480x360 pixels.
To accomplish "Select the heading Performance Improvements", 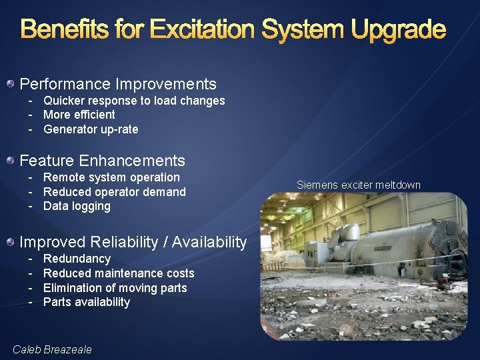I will click(x=118, y=84).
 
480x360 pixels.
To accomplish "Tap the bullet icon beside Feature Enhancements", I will click(x=11, y=161).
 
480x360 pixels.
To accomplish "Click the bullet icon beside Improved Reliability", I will click(x=11, y=242).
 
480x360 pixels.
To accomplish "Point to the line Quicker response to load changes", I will click(x=134, y=101).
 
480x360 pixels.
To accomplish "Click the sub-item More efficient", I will click(x=79, y=115).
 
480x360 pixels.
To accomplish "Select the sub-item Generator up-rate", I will click(x=91, y=129).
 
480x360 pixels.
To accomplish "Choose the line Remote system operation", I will click(x=111, y=177).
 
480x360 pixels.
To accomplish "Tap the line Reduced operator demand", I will click(x=115, y=192).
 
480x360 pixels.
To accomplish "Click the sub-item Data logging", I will click(x=77, y=206).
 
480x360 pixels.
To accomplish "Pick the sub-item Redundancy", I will click(x=77, y=259).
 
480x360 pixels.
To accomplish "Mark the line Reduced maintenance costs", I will click(x=119, y=273).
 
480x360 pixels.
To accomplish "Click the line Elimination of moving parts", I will click(x=115, y=288).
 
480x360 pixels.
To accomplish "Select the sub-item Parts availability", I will click(x=87, y=302).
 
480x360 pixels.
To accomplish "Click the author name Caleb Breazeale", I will click(x=52, y=349).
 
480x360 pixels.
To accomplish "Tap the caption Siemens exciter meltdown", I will click(x=359, y=185).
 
